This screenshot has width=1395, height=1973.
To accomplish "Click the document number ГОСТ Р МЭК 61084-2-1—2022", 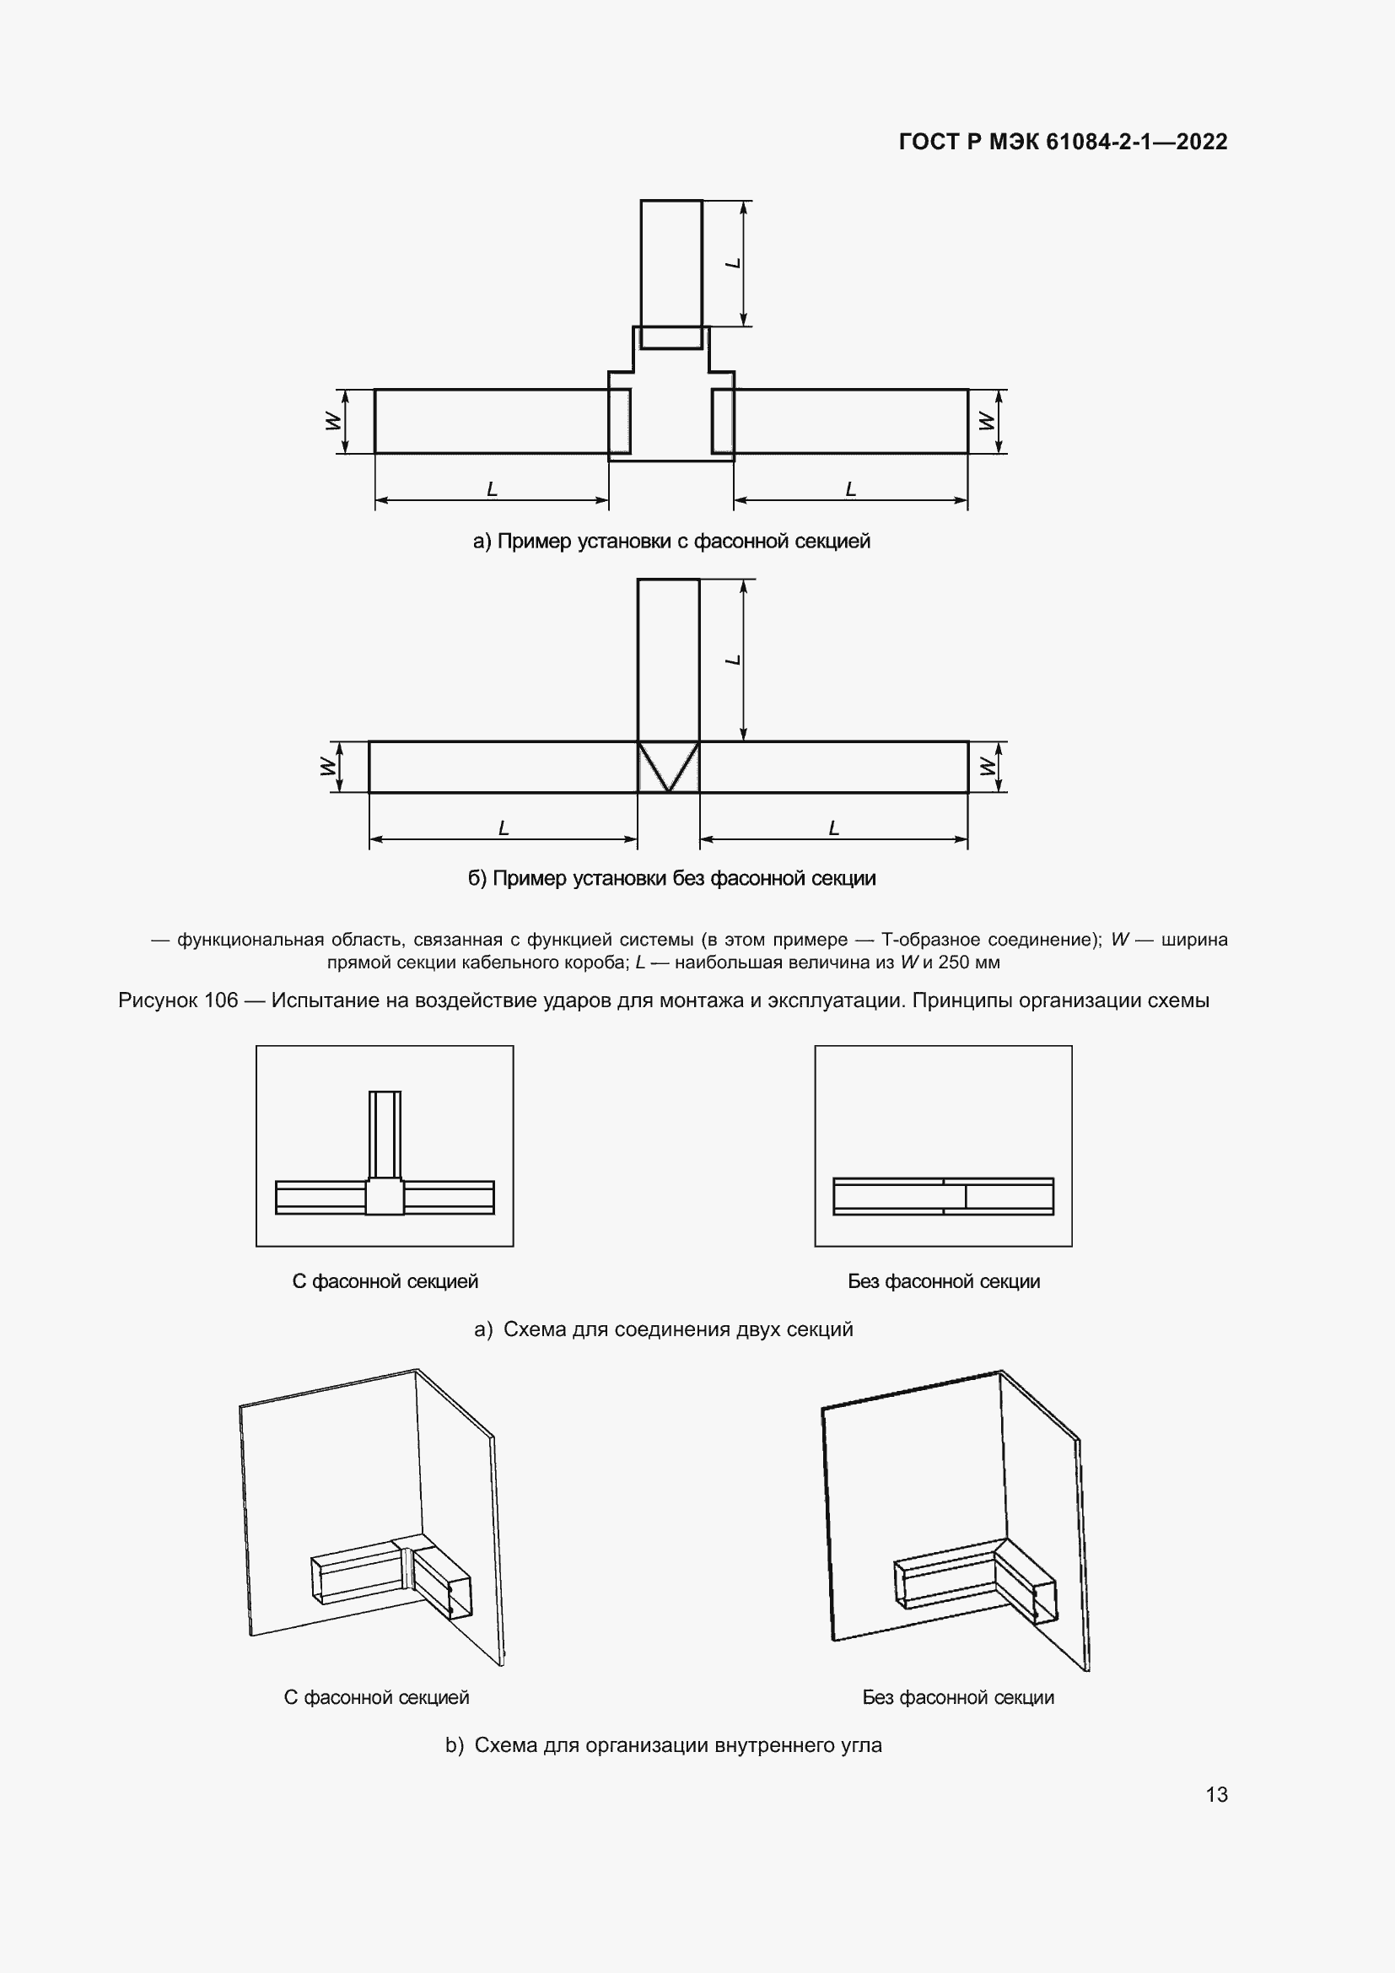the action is coord(1063,142).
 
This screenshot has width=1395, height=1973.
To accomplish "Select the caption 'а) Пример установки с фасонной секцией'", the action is coord(671,542).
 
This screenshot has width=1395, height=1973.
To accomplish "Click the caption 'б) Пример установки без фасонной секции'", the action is coord(671,878).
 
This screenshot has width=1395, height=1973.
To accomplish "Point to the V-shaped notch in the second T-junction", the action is coord(668,767).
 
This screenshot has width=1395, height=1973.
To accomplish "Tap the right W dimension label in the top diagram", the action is coord(987,421).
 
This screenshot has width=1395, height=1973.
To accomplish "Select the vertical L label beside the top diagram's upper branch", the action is coord(734,263).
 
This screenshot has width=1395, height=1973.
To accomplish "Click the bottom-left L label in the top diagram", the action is coord(493,489).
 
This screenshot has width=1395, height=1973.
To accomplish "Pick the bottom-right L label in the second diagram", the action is coord(833,828).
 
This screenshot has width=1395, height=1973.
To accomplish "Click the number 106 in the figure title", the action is coord(221,1000).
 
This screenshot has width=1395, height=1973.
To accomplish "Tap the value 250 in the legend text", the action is coord(954,962).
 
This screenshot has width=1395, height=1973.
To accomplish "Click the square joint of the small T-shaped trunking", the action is coord(384,1196).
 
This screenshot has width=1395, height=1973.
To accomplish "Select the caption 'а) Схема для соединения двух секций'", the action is coord(663,1329).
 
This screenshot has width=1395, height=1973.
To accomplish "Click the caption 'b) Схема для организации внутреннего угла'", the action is coord(663,1745).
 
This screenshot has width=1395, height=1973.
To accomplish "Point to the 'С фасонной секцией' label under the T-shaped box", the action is coord(385,1281).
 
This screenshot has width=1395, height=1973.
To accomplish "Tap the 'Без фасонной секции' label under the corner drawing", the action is coord(958,1697).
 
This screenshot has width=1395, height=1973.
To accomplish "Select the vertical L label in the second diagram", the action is coord(734,660).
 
